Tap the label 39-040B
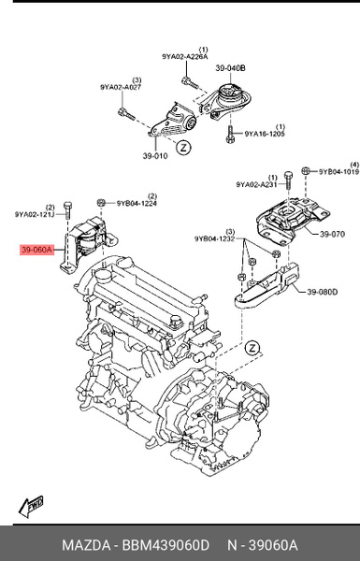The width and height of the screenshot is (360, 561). click(x=230, y=68)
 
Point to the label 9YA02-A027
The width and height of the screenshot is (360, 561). click(x=121, y=87)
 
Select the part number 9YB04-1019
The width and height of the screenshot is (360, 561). click(x=338, y=172)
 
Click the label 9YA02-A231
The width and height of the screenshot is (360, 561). click(x=255, y=184)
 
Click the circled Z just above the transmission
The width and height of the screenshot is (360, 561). click(x=252, y=348)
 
